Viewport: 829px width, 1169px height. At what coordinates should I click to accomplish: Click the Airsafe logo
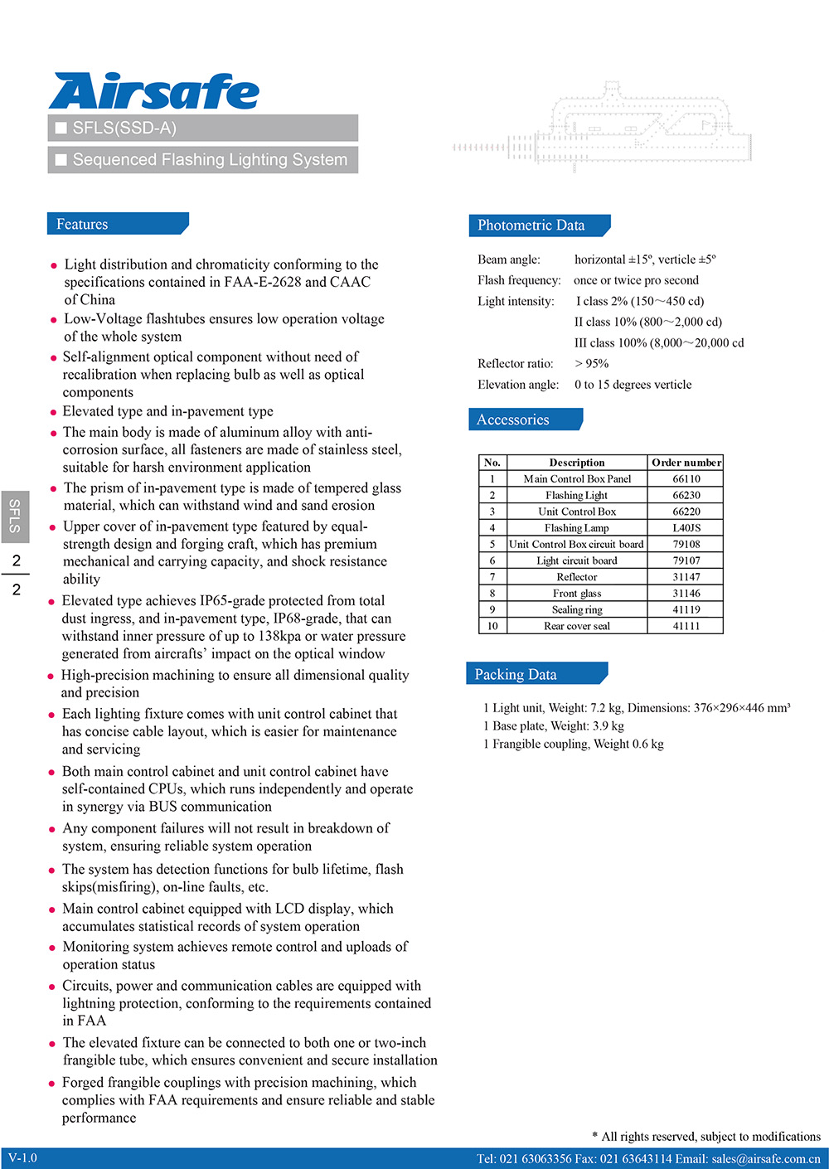154,91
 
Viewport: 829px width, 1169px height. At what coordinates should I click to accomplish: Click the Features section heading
83,225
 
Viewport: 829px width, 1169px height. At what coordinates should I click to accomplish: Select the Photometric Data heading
531,226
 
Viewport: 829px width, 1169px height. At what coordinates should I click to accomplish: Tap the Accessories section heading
513,420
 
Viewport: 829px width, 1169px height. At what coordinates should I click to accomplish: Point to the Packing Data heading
516,674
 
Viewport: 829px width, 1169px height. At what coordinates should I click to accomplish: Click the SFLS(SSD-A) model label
124,128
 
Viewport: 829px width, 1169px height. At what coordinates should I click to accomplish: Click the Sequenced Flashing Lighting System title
210,159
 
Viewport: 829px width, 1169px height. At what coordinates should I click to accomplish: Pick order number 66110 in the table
686,478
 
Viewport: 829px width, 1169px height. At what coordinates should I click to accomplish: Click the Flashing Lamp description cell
576,527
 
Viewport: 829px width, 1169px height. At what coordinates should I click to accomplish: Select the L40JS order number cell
686,527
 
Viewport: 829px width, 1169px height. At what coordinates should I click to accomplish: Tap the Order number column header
686,463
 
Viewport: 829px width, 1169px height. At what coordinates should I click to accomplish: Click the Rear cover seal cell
576,626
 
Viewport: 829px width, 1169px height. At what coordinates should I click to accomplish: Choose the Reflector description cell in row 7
576,577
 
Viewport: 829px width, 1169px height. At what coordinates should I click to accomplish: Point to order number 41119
686,609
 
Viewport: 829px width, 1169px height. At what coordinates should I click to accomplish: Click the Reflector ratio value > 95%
592,363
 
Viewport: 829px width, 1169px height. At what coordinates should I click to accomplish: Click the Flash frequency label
519,280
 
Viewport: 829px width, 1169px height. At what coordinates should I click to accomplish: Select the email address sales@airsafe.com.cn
765,1158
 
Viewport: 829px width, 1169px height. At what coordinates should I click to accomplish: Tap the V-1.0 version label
23,1158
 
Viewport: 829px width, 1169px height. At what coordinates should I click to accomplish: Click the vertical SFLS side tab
15,516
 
